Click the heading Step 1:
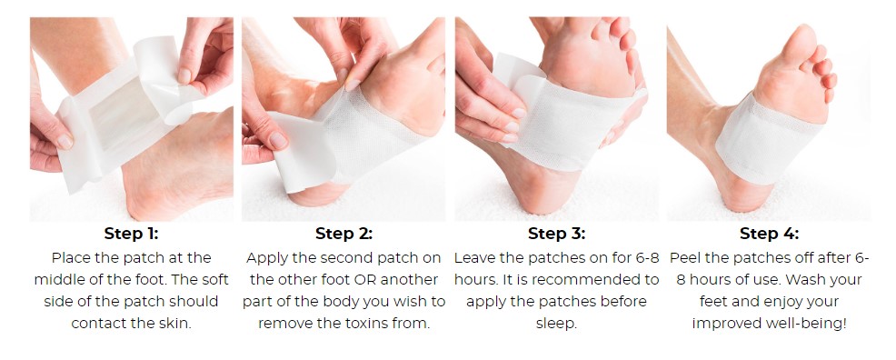(x=131, y=234)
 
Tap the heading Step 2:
(x=343, y=234)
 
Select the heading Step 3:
(x=556, y=234)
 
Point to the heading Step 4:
(x=769, y=234)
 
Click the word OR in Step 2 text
(x=364, y=280)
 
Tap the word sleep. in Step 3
(x=556, y=324)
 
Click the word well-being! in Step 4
(x=813, y=324)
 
